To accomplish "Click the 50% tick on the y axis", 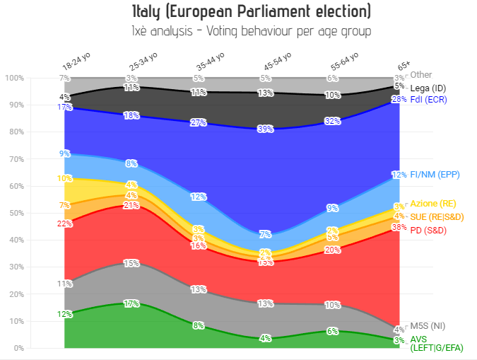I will (x=16, y=213).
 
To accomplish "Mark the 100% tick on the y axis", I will (x=14, y=77).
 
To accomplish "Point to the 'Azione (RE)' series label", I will (x=433, y=203).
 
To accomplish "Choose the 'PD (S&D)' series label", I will (x=430, y=228).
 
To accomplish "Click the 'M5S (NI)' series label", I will (x=429, y=326).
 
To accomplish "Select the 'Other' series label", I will (x=421, y=74).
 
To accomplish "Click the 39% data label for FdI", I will (x=266, y=129).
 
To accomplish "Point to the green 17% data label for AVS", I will (x=131, y=303).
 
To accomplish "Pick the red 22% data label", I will (x=65, y=223).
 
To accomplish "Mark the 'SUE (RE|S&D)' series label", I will (x=439, y=216).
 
